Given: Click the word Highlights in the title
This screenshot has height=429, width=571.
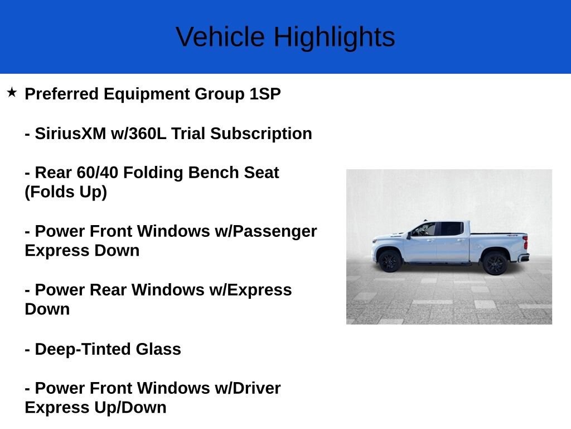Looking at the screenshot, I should pyautogui.click(x=334, y=37).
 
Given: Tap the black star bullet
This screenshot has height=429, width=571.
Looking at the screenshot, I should pyautogui.click(x=12, y=92).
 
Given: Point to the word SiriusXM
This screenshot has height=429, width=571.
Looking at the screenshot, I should pyautogui.click(x=70, y=134).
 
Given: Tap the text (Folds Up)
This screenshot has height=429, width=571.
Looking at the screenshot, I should pyautogui.click(x=66, y=192).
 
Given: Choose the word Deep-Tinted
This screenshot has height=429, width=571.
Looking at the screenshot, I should pyautogui.click(x=83, y=349).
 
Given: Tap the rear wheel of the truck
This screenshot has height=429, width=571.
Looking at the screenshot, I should pyautogui.click(x=495, y=263).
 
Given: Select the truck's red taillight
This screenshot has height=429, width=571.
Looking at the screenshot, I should pyautogui.click(x=525, y=243).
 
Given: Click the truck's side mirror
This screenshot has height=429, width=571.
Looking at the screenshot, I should pyautogui.click(x=409, y=236).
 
